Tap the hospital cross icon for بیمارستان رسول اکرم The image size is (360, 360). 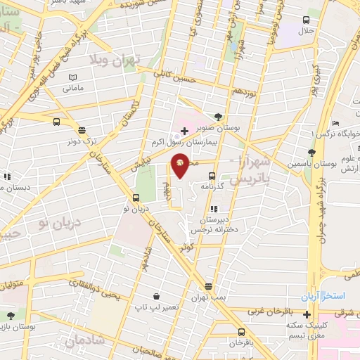[184, 131]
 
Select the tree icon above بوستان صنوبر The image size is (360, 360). [219, 117]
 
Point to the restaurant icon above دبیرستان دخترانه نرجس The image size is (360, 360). [214, 209]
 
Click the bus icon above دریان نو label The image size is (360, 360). [136, 198]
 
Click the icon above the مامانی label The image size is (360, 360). [73, 77]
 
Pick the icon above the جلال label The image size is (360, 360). [306, 20]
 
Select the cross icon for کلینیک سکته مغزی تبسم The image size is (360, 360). [307, 313]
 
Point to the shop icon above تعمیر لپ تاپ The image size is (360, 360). [162, 297]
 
